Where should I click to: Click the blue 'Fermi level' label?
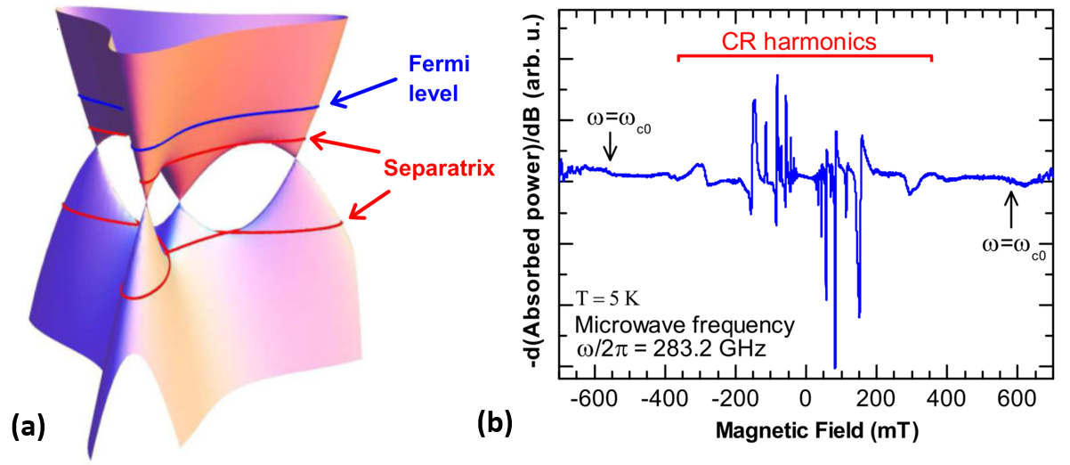(x=432, y=77)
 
